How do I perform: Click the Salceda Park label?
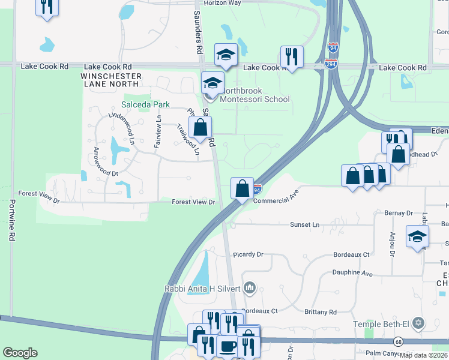pyautogui.click(x=146, y=104)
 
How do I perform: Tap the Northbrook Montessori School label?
pyautogui.click(x=255, y=95)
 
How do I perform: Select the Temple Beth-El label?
pyautogui.click(x=388, y=324)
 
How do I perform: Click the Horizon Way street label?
pyautogui.click(x=222, y=3)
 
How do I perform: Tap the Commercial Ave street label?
pyautogui.click(x=276, y=197)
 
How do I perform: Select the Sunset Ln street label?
pyautogui.click(x=306, y=224)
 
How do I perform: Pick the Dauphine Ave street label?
pyautogui.click(x=352, y=272)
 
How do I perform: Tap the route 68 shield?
pyautogui.click(x=398, y=342)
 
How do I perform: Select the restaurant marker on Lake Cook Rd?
pyautogui.click(x=292, y=58)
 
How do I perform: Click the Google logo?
pyautogui.click(x=20, y=353)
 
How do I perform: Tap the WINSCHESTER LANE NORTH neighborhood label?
pyautogui.click(x=112, y=80)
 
